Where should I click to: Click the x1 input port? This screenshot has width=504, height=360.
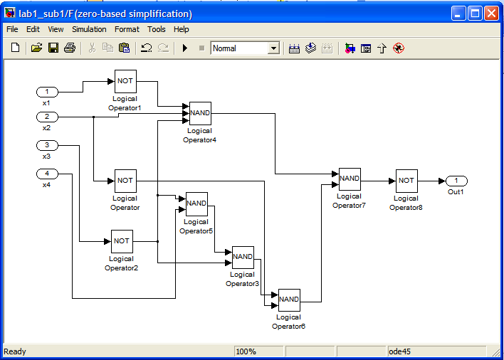coord(47,92)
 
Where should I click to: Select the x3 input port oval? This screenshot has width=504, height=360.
coord(47,145)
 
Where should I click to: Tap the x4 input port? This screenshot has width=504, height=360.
coord(47,174)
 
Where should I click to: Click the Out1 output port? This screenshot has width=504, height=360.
coord(456,181)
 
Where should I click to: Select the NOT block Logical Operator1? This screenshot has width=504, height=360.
coord(125,81)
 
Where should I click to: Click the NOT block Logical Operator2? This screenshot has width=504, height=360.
coord(122,241)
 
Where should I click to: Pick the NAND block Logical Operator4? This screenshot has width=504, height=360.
coord(200,113)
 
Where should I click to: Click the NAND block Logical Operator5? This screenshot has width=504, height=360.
coord(196,204)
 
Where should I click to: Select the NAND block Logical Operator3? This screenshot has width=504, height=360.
coord(243,258)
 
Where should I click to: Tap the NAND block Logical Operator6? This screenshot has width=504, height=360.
coord(289,300)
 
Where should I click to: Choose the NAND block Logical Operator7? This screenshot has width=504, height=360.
coord(350,179)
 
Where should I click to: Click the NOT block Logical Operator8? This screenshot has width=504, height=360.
coord(406,181)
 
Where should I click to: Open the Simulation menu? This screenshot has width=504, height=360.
coord(89,29)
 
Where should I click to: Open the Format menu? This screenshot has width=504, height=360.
coord(127,29)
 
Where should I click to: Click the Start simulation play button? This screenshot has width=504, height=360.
coord(185,48)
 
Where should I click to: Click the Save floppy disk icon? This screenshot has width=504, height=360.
coord(53,48)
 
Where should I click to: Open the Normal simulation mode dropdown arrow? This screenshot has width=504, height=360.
coord(273,48)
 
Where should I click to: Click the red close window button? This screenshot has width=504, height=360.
coord(491,14)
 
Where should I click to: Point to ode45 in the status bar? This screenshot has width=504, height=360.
coord(399,351)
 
